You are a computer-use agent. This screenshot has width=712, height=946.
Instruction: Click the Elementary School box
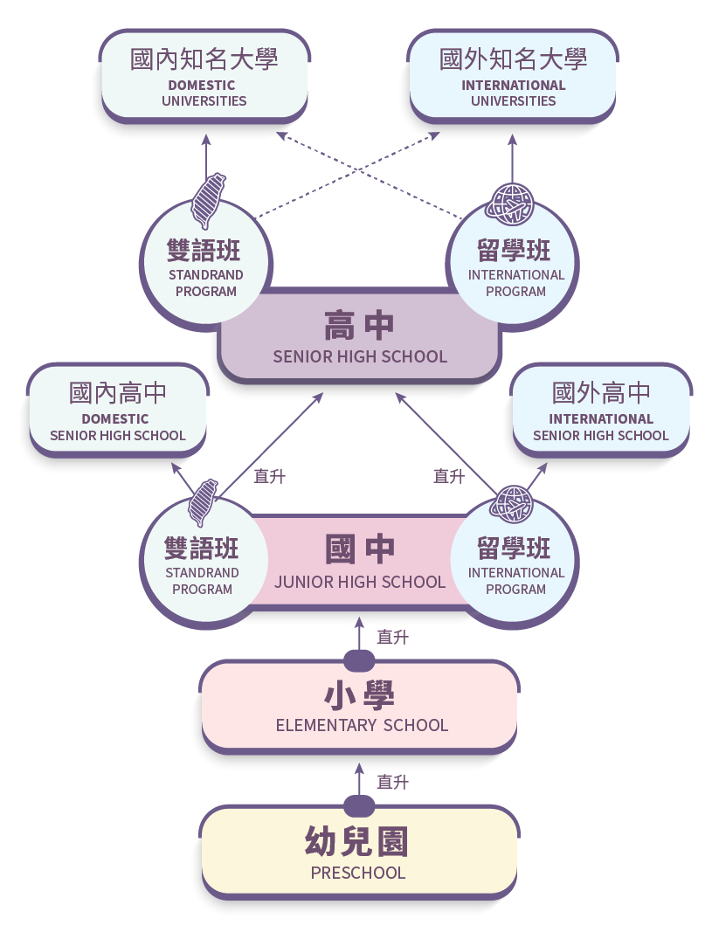point(359,706)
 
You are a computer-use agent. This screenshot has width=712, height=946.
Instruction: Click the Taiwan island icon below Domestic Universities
point(208,200)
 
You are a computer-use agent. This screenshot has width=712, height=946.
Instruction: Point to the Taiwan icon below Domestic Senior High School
point(204,502)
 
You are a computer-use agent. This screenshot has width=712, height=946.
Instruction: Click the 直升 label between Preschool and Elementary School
point(392,783)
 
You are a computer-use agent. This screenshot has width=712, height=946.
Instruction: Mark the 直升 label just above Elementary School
point(392,638)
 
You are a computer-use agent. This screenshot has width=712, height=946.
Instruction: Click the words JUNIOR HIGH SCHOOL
point(360,582)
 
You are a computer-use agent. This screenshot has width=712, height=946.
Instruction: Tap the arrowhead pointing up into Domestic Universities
point(206,138)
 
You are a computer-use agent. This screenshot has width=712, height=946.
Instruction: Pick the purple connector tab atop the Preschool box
point(359,804)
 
